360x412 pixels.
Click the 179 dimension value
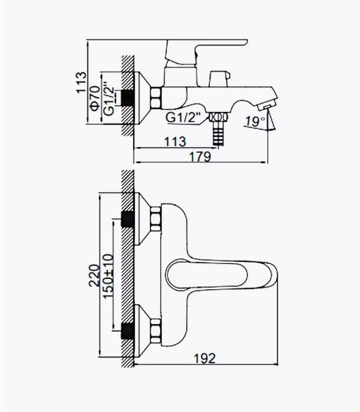coord(200,157)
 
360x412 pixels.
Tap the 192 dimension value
coord(205,358)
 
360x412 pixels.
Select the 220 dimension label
coord(95,276)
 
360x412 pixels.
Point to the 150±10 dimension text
coord(108,276)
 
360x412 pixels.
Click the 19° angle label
coord(255,121)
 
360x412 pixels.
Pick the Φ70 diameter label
coord(95,98)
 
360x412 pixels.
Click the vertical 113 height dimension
coord(81,83)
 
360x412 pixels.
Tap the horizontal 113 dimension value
coord(175,142)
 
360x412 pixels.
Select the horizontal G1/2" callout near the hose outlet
coord(183,117)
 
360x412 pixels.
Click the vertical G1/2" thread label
coord(109,100)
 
